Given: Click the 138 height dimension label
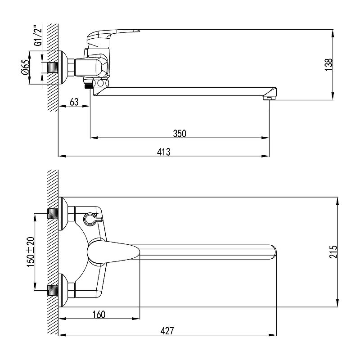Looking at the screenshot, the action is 329,64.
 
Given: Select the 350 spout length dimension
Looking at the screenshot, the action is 180,133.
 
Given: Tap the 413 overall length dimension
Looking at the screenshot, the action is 164,152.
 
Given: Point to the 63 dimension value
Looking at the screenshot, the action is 74,102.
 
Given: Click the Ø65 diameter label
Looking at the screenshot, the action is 25,67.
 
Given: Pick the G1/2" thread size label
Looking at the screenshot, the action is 38,36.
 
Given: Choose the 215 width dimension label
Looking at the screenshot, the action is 333,252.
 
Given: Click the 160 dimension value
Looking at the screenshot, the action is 99,314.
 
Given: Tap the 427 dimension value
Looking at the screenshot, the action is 167,331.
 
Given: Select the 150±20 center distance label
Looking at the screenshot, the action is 31,252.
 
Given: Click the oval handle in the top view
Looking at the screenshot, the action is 113,252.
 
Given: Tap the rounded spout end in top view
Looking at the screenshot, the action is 273,252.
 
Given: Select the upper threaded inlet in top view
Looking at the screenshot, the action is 53,213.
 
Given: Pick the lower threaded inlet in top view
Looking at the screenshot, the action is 53,290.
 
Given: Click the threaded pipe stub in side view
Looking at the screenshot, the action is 53,67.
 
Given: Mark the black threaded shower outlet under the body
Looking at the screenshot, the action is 89,86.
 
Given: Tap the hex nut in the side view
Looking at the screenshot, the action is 72,67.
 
